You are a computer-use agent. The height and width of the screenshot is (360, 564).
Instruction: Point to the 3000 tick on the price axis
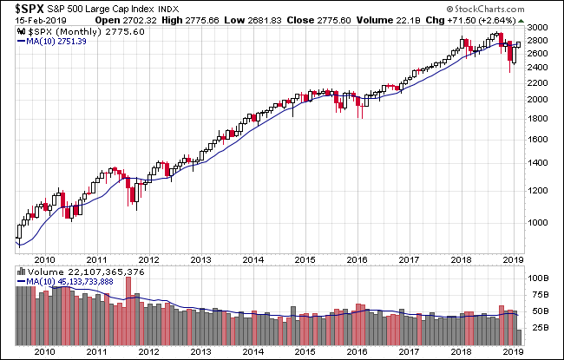pos(537,29)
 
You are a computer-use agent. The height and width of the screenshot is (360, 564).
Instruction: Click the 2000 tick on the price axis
pos(537,99)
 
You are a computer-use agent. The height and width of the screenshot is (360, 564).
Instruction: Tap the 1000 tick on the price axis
pos(537,221)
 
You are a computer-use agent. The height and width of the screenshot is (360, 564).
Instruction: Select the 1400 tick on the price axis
pos(537,162)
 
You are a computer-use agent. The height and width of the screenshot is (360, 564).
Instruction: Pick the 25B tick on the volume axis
pos(537,329)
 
